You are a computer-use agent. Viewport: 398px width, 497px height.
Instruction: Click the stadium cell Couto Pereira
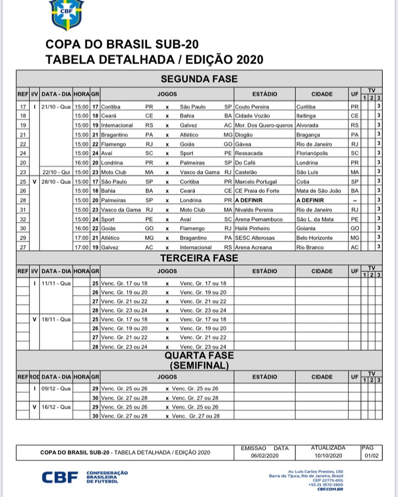(x=252, y=107)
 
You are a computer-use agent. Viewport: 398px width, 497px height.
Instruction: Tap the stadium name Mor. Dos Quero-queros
(x=264, y=125)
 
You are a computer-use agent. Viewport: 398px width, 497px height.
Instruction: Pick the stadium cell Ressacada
(x=249, y=153)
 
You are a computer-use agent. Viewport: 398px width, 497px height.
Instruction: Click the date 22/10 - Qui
(x=56, y=172)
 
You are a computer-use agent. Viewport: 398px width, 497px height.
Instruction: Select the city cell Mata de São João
(x=319, y=191)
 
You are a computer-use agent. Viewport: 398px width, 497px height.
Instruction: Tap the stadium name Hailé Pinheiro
(x=252, y=228)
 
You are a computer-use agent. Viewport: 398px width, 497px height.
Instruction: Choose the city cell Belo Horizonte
(x=314, y=238)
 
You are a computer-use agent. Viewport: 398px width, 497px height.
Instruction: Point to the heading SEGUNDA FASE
(x=199, y=79)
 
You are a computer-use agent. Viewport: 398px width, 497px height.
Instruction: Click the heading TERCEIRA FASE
(x=199, y=258)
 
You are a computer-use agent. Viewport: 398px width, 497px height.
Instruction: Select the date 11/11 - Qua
(x=56, y=283)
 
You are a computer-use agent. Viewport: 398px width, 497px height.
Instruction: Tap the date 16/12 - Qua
(x=56, y=407)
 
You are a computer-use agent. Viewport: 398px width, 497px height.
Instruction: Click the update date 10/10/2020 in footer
(x=328, y=456)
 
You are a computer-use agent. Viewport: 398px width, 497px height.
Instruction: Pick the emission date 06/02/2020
(x=264, y=456)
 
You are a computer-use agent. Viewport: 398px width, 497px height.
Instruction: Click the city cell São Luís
(x=308, y=172)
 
